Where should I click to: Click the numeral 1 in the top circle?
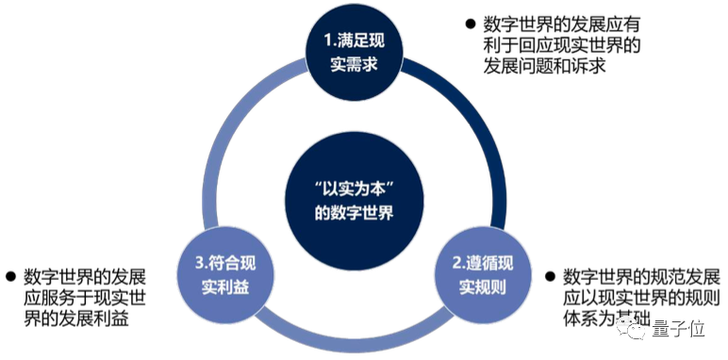point(326,42)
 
